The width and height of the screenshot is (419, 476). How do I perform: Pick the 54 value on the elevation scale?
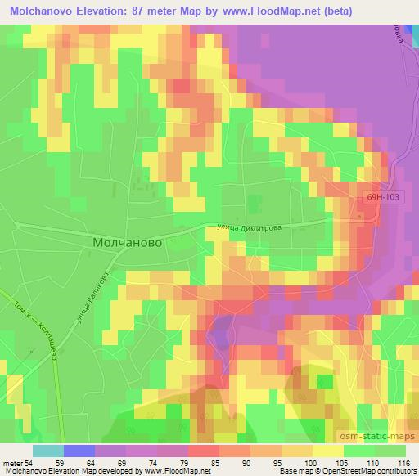pyautogui.click(x=31, y=464)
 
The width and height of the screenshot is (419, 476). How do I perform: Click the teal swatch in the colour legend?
pyautogui.click(x=47, y=451)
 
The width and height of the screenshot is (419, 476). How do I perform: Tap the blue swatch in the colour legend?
pyautogui.click(x=79, y=451)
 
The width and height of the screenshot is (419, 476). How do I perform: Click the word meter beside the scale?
pyautogui.click(x=13, y=464)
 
